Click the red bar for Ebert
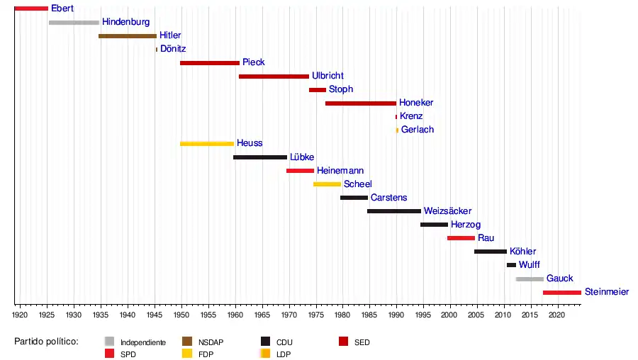click(31, 9)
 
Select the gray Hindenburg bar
click(74, 23)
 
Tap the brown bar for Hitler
click(128, 35)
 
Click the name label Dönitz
click(173, 49)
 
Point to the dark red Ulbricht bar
click(274, 76)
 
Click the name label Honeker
click(416, 103)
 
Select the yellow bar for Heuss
click(207, 144)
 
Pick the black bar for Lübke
click(260, 157)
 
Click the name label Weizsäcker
click(447, 211)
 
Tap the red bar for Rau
click(461, 238)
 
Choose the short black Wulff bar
click(511, 265)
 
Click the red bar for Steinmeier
click(562, 292)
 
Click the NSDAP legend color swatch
click(188, 342)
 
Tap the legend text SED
click(362, 342)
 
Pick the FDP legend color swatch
click(188, 353)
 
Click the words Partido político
click(46, 342)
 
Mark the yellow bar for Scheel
click(327, 184)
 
